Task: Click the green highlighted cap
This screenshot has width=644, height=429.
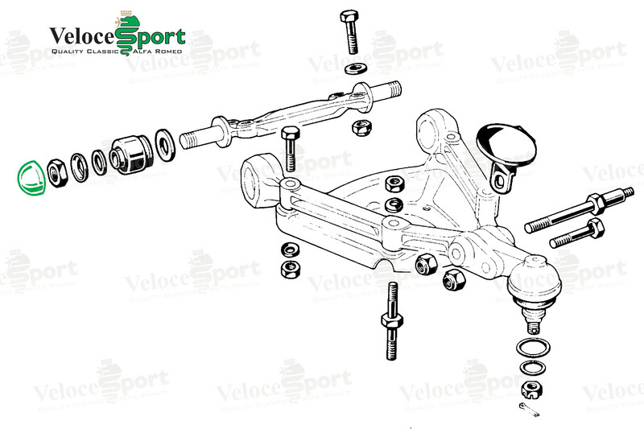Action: (31, 178)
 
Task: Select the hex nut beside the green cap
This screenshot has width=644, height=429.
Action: (56, 173)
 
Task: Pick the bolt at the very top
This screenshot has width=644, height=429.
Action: (350, 32)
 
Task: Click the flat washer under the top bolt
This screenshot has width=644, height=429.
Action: (357, 68)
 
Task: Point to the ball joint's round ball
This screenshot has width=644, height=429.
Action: (535, 279)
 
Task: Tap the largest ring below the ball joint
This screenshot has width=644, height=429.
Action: (533, 349)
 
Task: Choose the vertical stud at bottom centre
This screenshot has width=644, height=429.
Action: (392, 320)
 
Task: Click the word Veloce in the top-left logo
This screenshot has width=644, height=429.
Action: (83, 37)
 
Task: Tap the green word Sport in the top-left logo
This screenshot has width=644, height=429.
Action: (150, 37)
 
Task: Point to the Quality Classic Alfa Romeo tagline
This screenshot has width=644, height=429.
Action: (117, 52)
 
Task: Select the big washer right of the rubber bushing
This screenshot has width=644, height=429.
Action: (166, 145)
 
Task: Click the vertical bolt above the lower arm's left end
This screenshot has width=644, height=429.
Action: (290, 149)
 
